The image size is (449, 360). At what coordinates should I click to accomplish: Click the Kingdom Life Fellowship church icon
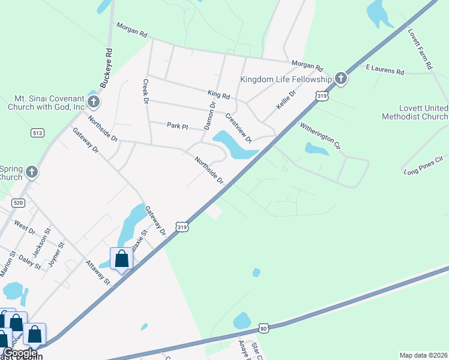click(341, 78)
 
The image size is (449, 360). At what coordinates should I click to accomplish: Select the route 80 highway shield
click(264, 328)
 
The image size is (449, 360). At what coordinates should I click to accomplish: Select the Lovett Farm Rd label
click(420, 49)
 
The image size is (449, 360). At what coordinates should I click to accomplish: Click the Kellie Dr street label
click(286, 100)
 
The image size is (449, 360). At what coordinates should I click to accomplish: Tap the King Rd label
click(218, 95)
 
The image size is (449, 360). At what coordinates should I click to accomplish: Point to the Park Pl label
click(178, 126)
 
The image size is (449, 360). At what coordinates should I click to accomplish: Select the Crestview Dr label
click(238, 127)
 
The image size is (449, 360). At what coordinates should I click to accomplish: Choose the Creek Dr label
click(145, 91)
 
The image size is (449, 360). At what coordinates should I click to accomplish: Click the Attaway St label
click(98, 272)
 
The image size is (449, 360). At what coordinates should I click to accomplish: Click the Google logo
click(20, 353)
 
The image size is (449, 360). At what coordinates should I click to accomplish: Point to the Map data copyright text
click(423, 354)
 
